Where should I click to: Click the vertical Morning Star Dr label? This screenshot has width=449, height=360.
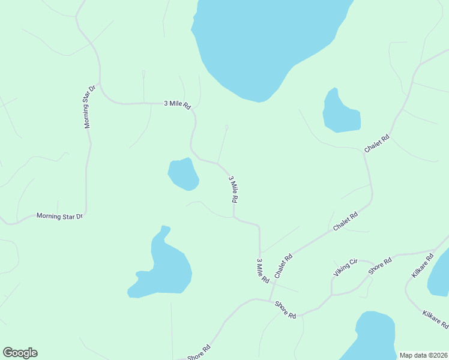point(89,107)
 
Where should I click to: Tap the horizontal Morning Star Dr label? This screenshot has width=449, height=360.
point(59,215)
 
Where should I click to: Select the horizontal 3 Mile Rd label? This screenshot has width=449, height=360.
point(177,104)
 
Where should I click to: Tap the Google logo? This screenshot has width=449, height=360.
point(20,353)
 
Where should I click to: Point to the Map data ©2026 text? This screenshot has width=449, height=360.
point(423,355)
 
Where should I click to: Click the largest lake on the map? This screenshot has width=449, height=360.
point(264,42)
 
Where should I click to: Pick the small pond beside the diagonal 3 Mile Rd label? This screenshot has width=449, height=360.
point(183,174)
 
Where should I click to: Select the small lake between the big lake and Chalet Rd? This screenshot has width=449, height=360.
point(340,113)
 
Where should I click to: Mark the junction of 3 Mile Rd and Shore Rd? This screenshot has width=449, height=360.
point(272,300)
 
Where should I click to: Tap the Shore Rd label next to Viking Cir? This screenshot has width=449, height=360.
point(380,265)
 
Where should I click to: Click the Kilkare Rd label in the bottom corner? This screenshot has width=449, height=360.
point(435,319)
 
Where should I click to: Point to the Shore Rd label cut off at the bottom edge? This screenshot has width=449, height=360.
point(199,352)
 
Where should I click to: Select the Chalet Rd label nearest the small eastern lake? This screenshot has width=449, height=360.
point(377,143)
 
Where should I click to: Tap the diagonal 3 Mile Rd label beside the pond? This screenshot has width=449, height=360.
point(234,188)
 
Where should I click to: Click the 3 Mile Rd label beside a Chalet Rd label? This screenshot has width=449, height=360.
point(262,271)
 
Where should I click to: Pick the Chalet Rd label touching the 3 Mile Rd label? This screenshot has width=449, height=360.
point(283,266)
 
